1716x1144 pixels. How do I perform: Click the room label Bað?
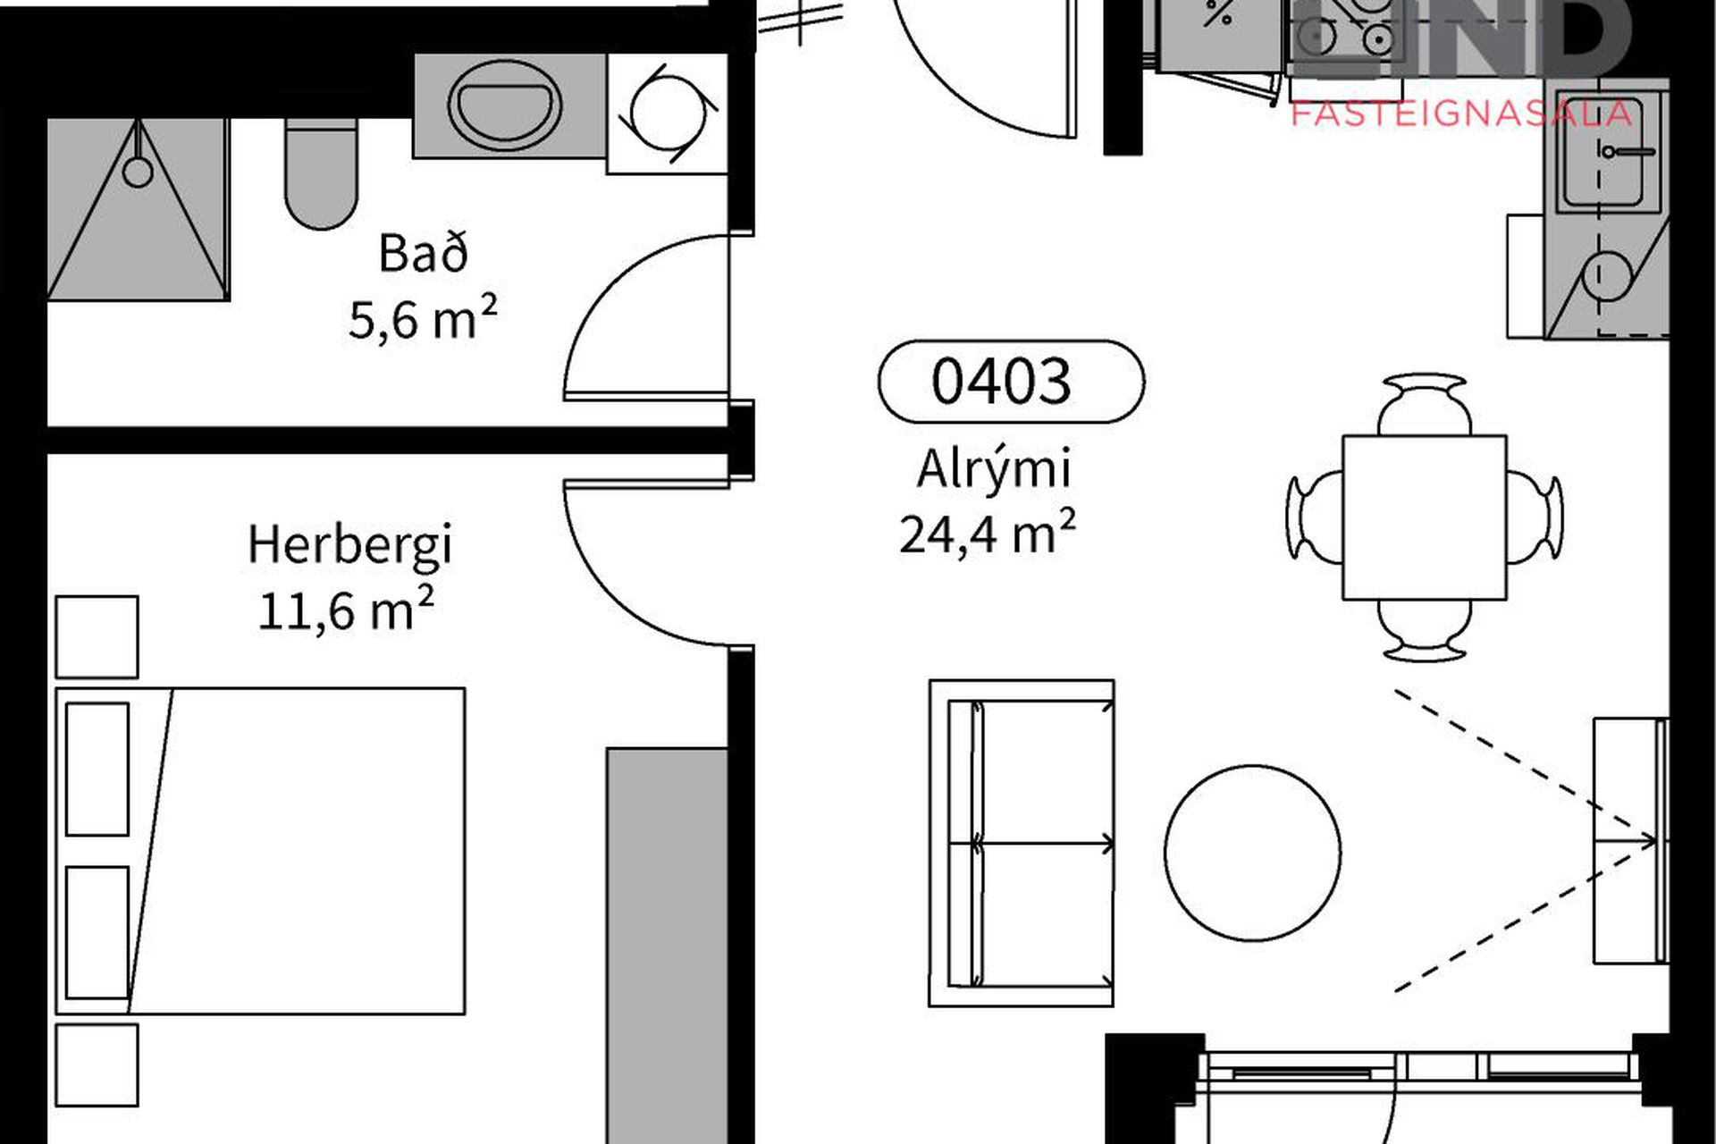(423, 253)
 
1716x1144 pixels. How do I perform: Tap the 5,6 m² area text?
(423, 318)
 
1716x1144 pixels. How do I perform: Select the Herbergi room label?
(350, 546)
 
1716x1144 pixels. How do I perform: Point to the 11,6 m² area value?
(346, 610)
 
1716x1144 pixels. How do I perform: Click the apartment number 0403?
(1001, 382)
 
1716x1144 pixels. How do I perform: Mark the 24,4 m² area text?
(987, 534)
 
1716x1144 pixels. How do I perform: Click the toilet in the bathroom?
(321, 174)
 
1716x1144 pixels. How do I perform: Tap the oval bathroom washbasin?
(505, 105)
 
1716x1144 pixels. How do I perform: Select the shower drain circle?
(138, 172)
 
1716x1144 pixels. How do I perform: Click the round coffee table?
(1252, 853)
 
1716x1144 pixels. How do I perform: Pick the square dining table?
(1425, 517)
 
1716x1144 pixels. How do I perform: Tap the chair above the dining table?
(1425, 404)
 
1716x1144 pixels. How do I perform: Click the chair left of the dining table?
(1315, 517)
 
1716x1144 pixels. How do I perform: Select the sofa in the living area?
(1022, 843)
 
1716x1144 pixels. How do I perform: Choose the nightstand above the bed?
(97, 636)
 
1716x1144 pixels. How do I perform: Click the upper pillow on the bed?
(97, 769)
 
